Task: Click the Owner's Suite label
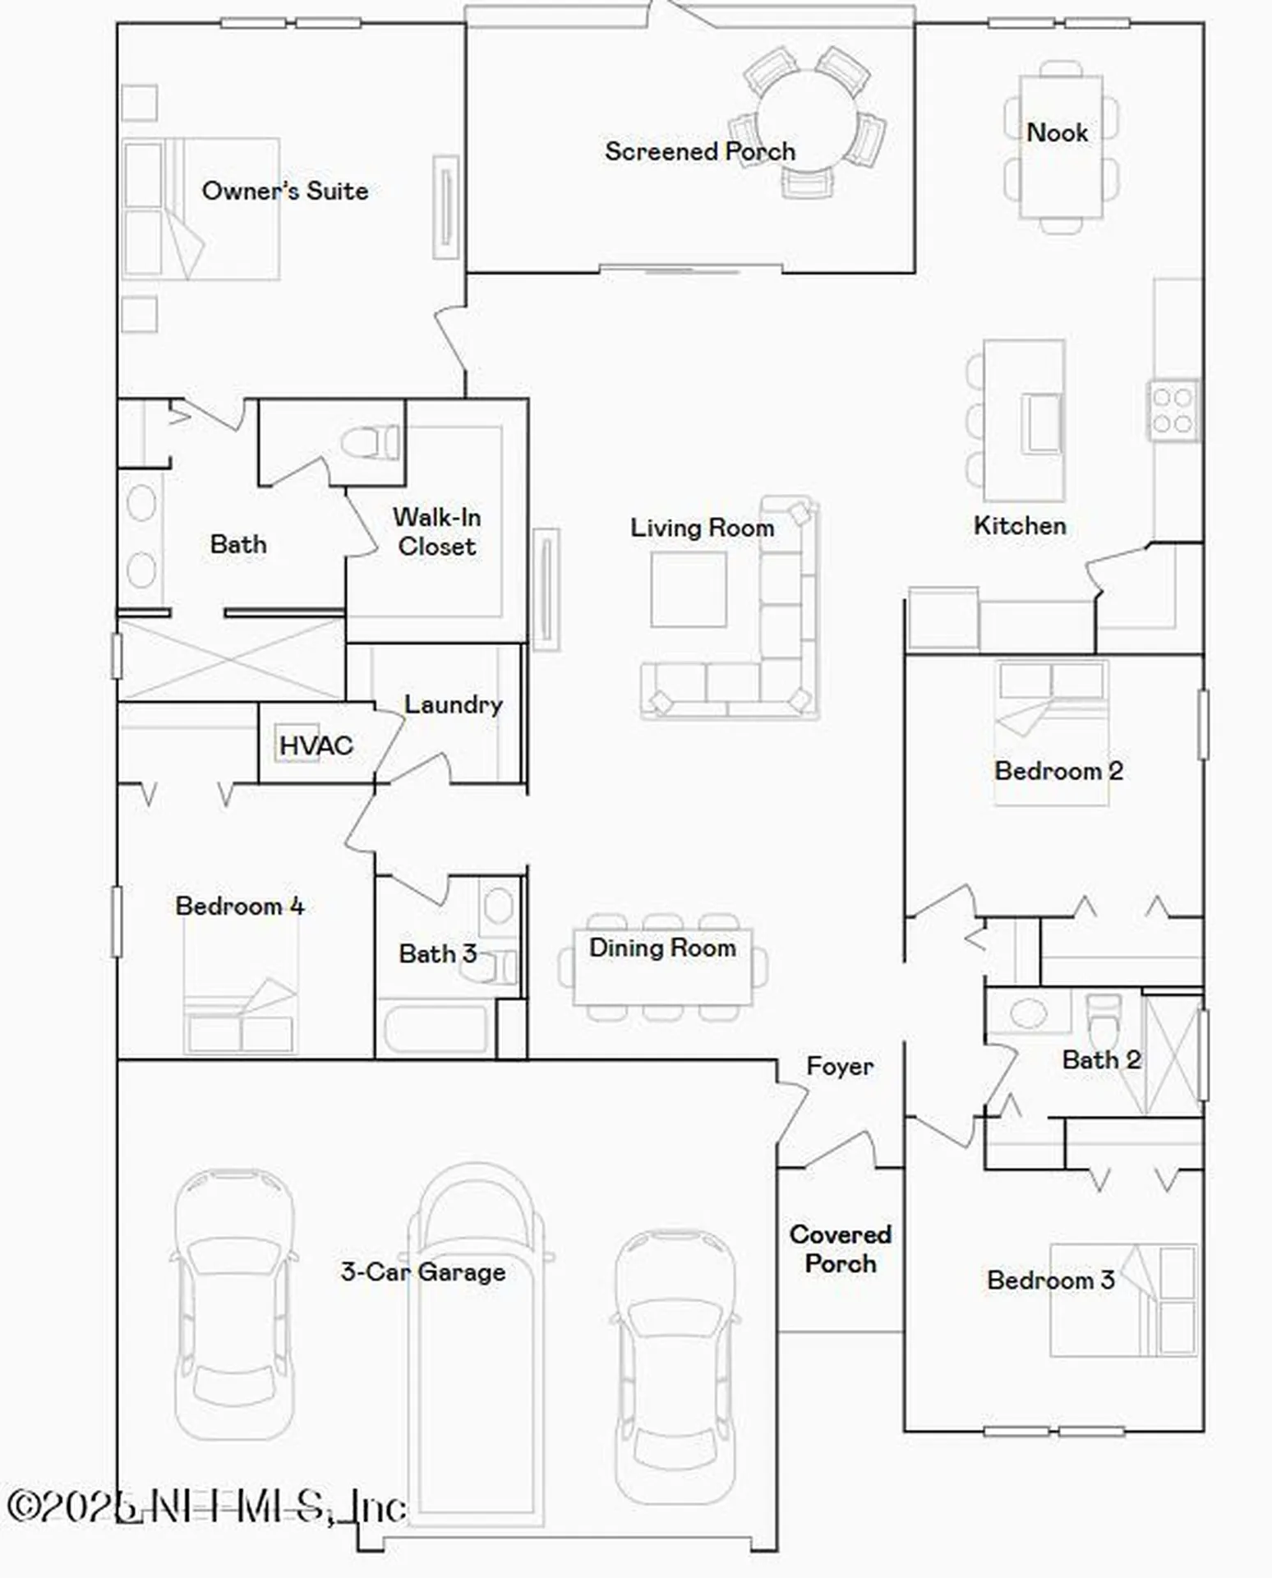coord(284,191)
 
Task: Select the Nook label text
coord(1057,132)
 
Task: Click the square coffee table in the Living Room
coord(689,589)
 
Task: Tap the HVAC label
coord(316,745)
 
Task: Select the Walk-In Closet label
coord(436,532)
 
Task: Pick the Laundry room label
coord(453,704)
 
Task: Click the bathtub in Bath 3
coord(436,1028)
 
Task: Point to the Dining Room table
coord(662,967)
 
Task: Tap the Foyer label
coord(839,1066)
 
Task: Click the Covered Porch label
coord(840,1248)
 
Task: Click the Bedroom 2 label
coord(1058,771)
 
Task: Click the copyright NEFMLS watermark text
coord(205,1506)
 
